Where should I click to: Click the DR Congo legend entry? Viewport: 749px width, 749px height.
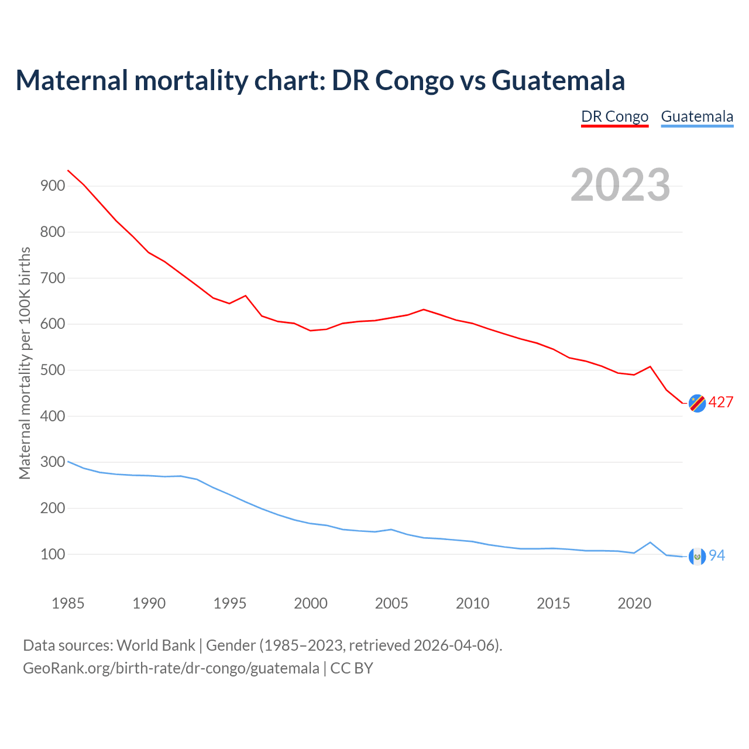[x=614, y=116]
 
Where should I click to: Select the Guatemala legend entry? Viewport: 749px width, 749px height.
[x=697, y=116]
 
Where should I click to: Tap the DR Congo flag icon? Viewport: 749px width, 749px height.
[x=697, y=403]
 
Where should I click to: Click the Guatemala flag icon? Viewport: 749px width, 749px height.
[x=697, y=556]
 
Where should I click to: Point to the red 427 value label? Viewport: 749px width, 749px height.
[x=721, y=403]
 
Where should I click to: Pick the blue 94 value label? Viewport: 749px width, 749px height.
[x=717, y=556]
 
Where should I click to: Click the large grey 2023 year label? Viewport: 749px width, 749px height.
[x=620, y=185]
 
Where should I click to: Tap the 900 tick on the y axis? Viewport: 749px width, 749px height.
[x=53, y=186]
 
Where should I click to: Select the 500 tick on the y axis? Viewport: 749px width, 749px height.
[x=53, y=370]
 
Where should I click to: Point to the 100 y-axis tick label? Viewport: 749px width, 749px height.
[x=53, y=554]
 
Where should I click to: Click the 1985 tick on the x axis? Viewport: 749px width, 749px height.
[x=68, y=603]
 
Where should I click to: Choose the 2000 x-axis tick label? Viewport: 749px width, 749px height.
[x=311, y=603]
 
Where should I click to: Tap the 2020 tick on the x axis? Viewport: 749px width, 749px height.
[x=634, y=603]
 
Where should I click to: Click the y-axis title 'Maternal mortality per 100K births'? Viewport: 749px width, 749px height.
[x=25, y=363]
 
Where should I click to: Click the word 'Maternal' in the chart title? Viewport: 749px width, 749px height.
[x=71, y=80]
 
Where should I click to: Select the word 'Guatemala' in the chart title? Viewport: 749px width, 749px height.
[x=558, y=80]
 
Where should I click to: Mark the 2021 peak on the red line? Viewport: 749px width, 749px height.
[x=650, y=367]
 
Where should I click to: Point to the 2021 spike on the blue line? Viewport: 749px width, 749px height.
[x=650, y=542]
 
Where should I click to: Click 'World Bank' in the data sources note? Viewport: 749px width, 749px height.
[x=156, y=645]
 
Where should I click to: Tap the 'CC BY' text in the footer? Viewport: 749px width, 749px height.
[x=352, y=668]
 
